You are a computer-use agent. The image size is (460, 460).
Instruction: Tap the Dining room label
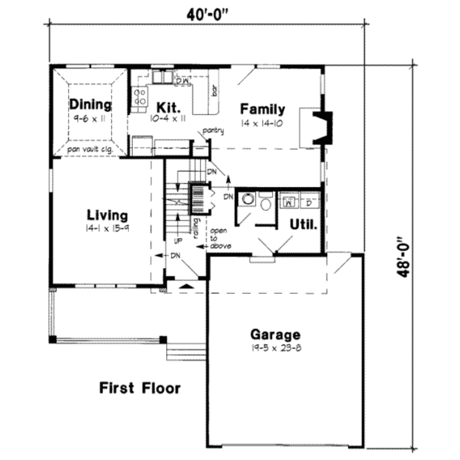click(90, 105)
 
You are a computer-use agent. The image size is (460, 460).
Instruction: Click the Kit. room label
click(169, 108)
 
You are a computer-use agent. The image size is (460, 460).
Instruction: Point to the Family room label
click(262, 109)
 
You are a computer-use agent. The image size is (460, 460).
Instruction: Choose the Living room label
click(107, 215)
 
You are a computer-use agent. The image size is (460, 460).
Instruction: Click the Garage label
click(275, 335)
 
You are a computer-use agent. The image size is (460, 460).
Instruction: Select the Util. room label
click(303, 224)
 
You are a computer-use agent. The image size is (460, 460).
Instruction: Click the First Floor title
click(140, 388)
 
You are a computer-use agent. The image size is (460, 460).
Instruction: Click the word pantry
click(213, 131)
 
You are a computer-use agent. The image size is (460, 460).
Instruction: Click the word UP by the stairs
click(178, 241)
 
